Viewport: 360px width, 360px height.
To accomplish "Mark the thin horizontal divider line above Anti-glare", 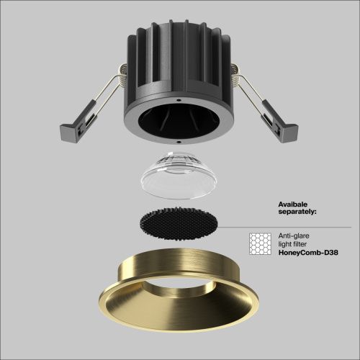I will [302, 228].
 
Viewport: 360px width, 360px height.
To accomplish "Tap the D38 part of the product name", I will [328, 253].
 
